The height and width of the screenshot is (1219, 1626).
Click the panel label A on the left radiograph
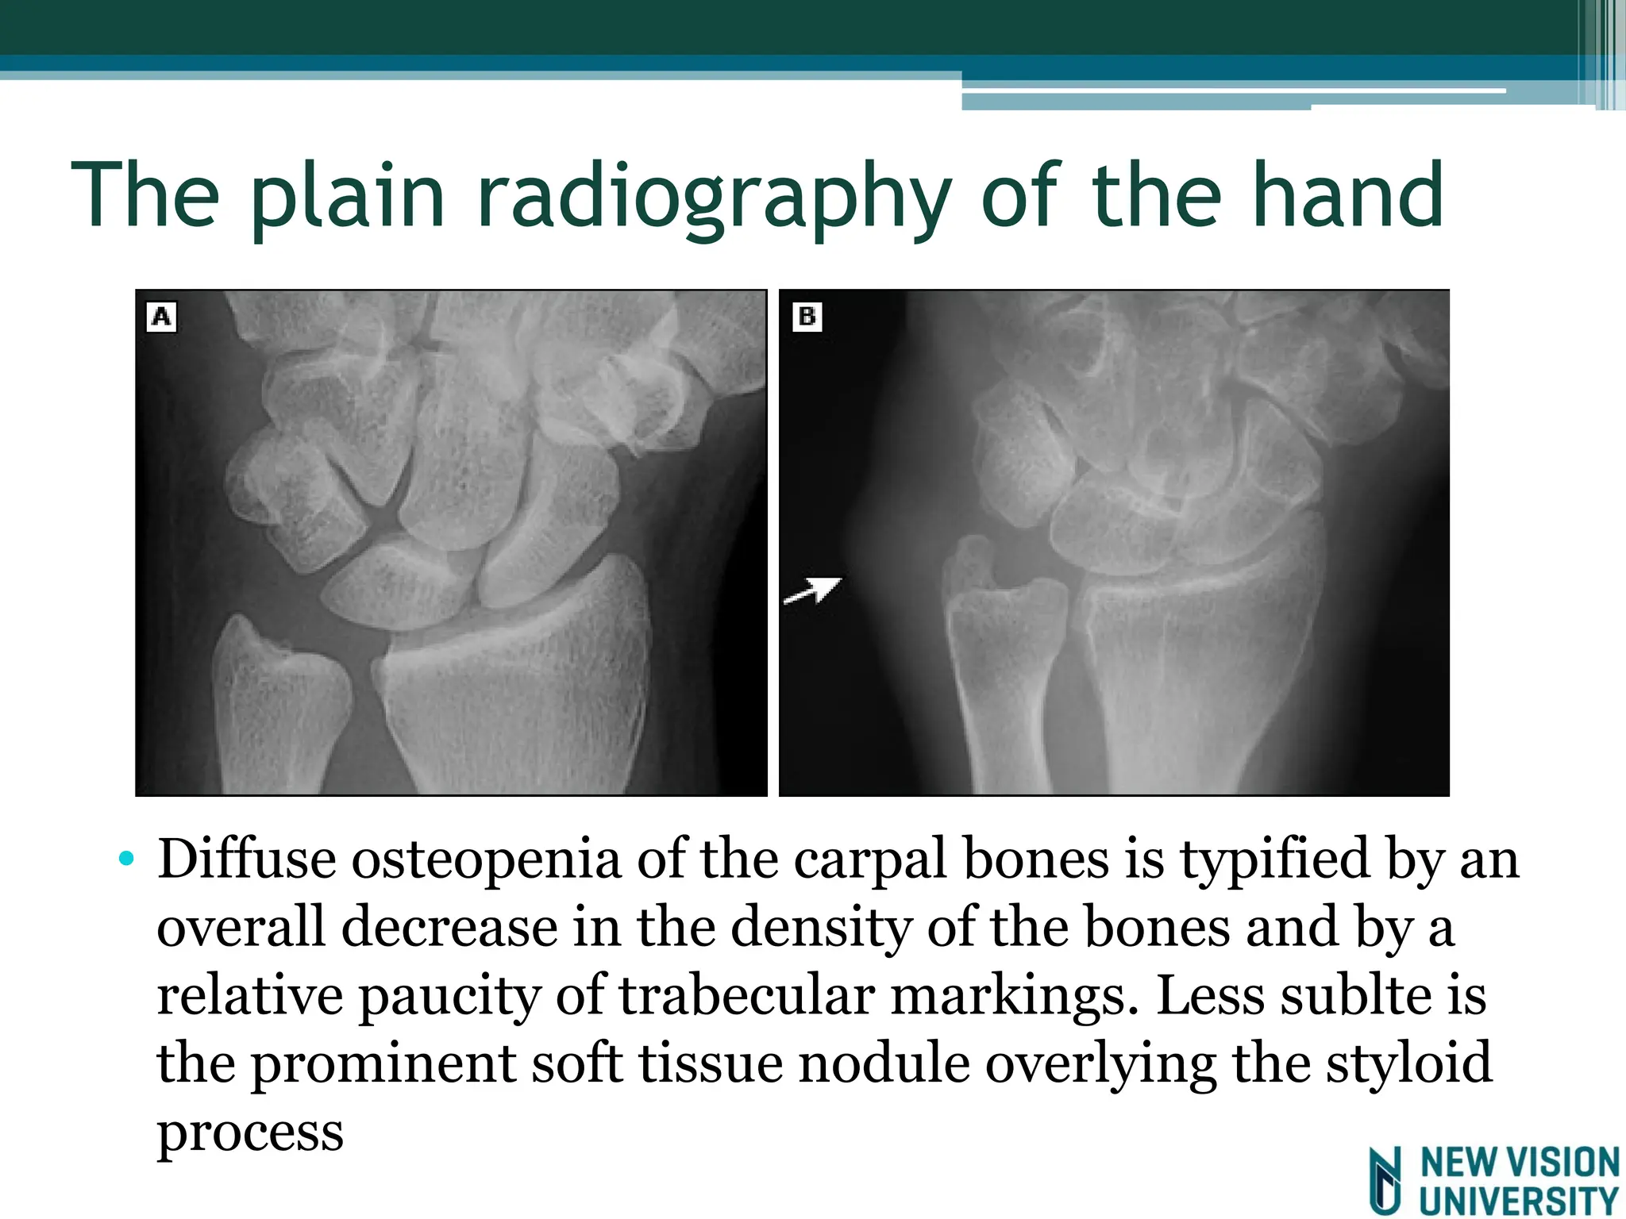coord(161,317)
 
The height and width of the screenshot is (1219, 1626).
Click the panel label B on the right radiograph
coord(807,317)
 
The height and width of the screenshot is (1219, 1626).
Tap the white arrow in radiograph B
coord(813,590)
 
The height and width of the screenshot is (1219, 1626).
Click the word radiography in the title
coord(713,196)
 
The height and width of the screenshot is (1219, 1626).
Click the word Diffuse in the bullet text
coord(246,859)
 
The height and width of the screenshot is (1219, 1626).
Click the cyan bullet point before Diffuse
coord(126,859)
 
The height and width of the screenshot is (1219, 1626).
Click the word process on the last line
coord(250,1133)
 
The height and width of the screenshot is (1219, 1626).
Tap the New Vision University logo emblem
coord(1386,1180)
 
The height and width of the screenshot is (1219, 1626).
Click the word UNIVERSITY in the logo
coord(1519,1201)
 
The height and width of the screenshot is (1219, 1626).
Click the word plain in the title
coord(347,196)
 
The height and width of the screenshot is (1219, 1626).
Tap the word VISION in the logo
coord(1562,1163)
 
